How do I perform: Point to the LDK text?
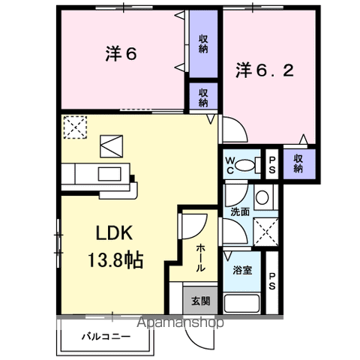113,234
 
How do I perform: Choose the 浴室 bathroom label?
242,268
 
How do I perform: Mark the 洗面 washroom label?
240,211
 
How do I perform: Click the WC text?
231,163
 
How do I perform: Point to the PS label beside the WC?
272,165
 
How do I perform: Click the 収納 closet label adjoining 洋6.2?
298,163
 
